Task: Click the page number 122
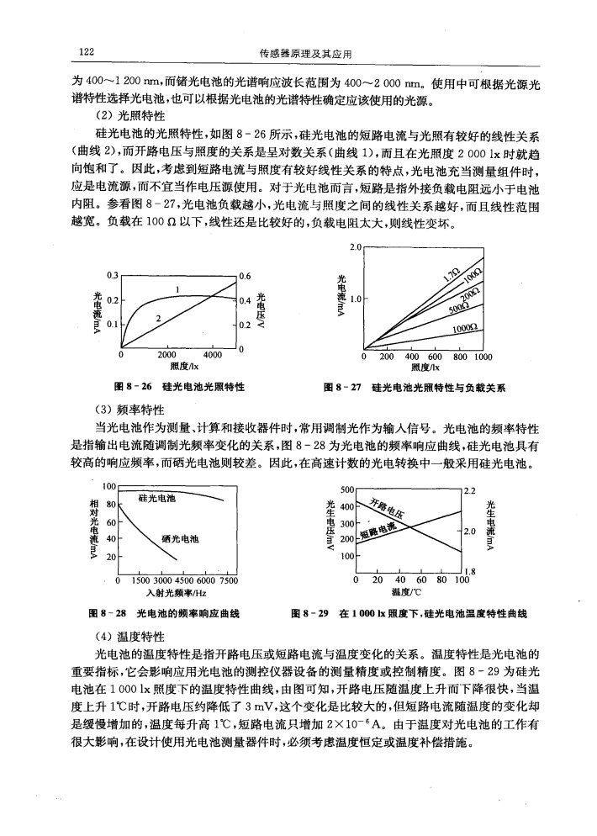86,53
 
